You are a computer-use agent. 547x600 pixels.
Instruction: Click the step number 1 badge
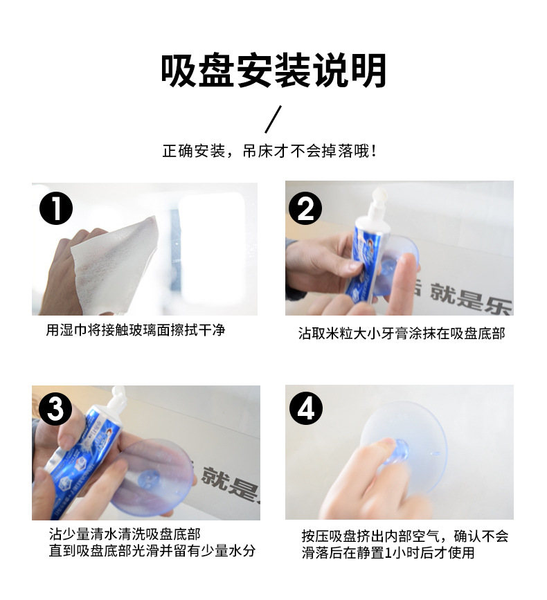pos(56,208)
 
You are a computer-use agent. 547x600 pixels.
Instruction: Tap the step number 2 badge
pos(305,208)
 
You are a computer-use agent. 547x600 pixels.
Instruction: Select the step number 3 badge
pos(56,408)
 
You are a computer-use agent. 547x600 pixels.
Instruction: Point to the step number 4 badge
pos(305,408)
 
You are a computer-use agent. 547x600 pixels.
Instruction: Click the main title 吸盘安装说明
pos(273,71)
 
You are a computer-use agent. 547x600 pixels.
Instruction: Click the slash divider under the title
pos(273,119)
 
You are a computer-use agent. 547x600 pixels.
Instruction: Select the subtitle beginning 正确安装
pos(270,151)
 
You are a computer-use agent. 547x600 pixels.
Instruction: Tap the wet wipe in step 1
pos(115,264)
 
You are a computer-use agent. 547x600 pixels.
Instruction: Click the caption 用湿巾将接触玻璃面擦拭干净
pos(136,330)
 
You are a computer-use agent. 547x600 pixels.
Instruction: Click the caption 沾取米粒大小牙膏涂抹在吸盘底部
pos(402,334)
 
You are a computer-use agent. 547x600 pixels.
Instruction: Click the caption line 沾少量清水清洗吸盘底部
pos(125,534)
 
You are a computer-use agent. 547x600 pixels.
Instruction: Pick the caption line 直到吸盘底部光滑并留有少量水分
pos(152,551)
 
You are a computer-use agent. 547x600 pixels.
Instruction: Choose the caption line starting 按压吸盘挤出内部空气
pos(404,536)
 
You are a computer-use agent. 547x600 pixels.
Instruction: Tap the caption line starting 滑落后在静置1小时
pos(388,552)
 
